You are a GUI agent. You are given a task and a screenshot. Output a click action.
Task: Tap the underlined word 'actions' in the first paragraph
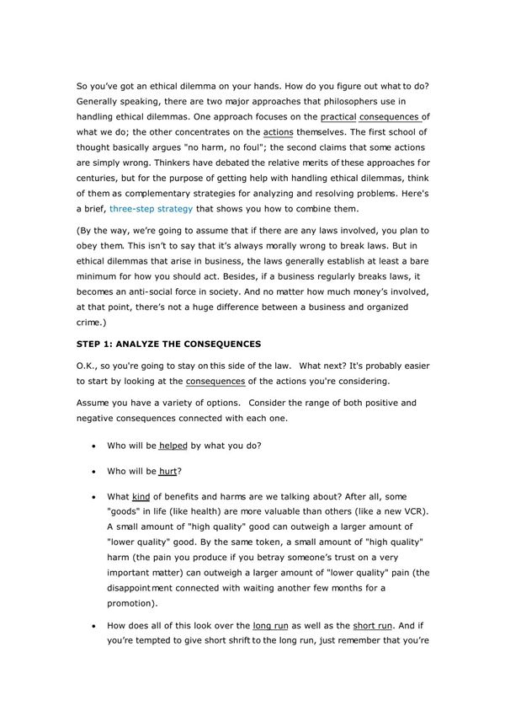[279, 132]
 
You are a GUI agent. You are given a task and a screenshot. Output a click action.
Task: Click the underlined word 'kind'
[141, 496]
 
